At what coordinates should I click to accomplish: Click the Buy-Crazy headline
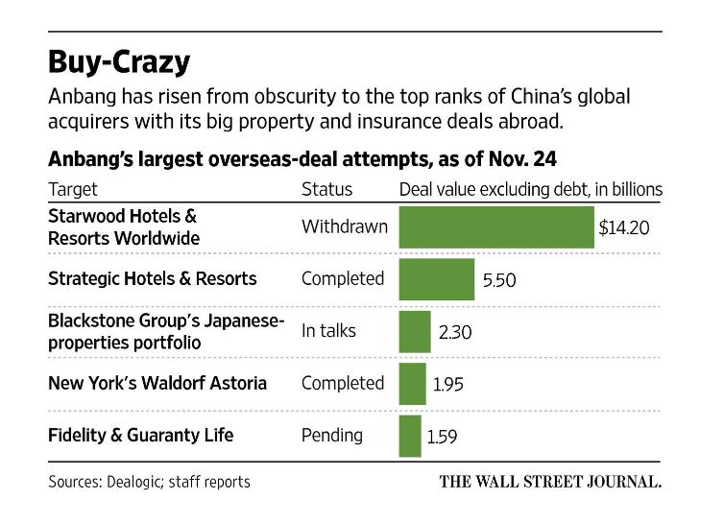tap(119, 61)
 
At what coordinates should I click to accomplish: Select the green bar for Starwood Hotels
tap(495, 227)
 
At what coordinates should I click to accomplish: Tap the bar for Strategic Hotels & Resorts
tap(436, 279)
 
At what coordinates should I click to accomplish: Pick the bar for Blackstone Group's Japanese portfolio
tap(415, 331)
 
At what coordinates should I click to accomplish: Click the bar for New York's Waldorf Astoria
tap(412, 384)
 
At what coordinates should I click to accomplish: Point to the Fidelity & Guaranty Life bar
tap(410, 436)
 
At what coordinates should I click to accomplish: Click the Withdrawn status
tap(345, 227)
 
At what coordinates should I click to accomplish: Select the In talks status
tap(328, 331)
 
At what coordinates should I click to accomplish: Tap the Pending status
tap(332, 436)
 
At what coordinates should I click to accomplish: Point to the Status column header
tap(327, 189)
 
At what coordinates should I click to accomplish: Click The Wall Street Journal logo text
tap(551, 482)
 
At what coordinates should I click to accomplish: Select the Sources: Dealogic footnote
tap(149, 482)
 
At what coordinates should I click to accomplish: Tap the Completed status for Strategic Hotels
tap(343, 279)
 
